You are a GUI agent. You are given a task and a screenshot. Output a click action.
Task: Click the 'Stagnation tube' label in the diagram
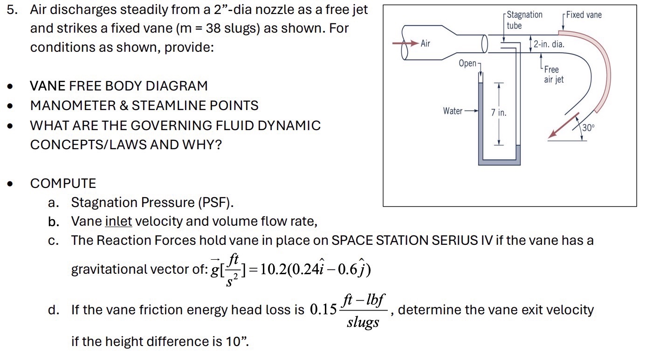pyautogui.click(x=524, y=20)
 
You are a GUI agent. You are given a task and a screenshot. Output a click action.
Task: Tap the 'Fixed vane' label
pyautogui.click(x=584, y=15)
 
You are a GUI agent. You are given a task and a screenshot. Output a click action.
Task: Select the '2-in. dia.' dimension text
pyautogui.click(x=549, y=45)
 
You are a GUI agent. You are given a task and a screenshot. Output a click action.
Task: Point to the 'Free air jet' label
pyautogui.click(x=553, y=75)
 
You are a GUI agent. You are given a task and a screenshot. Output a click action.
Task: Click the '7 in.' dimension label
pyautogui.click(x=499, y=113)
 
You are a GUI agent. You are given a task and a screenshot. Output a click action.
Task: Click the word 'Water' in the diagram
pyautogui.click(x=453, y=111)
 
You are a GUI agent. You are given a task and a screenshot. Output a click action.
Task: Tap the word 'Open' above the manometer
pyautogui.click(x=467, y=63)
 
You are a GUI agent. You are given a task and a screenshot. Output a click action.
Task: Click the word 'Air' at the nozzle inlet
pyautogui.click(x=426, y=43)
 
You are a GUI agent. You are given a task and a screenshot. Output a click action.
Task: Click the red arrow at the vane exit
pyautogui.click(x=563, y=125)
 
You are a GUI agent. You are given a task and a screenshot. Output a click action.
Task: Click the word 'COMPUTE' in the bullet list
pyautogui.click(x=63, y=183)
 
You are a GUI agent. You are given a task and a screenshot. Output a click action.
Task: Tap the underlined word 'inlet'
pyautogui.click(x=119, y=221)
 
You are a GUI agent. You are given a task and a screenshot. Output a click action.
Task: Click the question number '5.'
pyautogui.click(x=12, y=9)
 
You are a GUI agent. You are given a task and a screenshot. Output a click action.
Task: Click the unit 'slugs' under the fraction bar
pyautogui.click(x=363, y=322)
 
